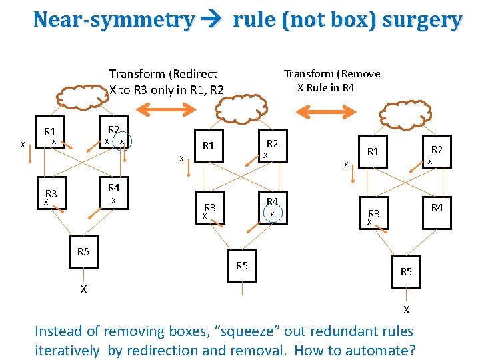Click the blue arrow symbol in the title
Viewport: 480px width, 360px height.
(x=213, y=20)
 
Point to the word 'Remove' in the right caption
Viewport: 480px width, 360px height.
(x=359, y=73)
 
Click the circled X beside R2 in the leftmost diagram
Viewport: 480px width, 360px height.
(x=122, y=141)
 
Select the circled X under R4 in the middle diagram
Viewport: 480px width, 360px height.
(x=272, y=214)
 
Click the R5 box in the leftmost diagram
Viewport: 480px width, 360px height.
(x=83, y=251)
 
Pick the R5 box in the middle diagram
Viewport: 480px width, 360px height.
(x=242, y=266)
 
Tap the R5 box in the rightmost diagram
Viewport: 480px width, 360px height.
(x=406, y=271)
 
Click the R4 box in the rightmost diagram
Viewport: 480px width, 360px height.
(x=437, y=209)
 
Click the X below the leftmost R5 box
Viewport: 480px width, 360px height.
(x=83, y=289)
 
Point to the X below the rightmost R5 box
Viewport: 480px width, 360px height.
(x=406, y=309)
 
